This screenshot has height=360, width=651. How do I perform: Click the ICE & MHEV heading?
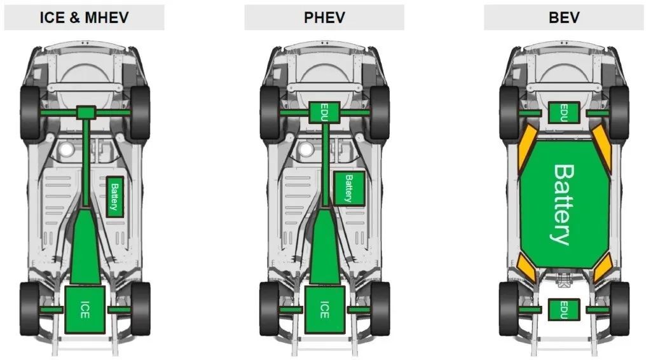click(85, 18)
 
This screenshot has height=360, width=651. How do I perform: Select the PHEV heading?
click(324, 18)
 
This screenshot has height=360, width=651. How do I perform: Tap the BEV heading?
click(564, 18)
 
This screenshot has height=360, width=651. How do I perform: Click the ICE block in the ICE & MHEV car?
click(85, 309)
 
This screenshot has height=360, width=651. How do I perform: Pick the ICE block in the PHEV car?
click(325, 309)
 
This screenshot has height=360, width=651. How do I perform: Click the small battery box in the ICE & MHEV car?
click(115, 197)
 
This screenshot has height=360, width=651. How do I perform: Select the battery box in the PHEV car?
click(350, 188)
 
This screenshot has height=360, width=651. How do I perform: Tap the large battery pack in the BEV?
click(565, 204)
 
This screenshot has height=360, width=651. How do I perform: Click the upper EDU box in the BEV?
click(564, 113)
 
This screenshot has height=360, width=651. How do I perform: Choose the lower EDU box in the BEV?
click(564, 310)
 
